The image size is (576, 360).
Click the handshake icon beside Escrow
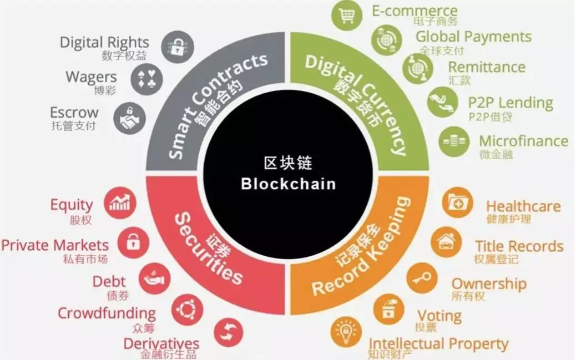pyautogui.click(x=129, y=118)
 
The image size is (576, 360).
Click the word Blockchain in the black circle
pyautogui.click(x=288, y=184)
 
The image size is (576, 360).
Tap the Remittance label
pyautogui.click(x=486, y=67)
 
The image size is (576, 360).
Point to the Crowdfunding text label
pyautogui.click(x=107, y=313)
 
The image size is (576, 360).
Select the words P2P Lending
pyautogui.click(x=511, y=103)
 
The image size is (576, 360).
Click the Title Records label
pyautogui.click(x=519, y=246)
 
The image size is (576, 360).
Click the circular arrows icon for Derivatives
pyautogui.click(x=228, y=332)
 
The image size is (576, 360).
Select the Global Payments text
pyautogui.click(x=473, y=37)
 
